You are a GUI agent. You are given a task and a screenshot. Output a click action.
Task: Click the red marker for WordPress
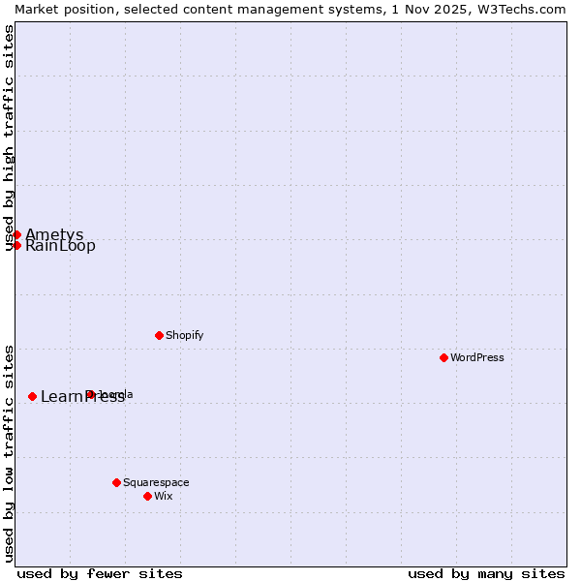(x=443, y=357)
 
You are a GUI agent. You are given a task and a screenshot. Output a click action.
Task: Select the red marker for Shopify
(x=159, y=335)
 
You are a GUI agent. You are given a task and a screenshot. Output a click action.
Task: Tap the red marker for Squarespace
(x=116, y=482)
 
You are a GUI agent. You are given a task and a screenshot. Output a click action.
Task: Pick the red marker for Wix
(x=147, y=496)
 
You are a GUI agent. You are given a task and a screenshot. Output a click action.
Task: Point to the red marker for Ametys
(x=16, y=234)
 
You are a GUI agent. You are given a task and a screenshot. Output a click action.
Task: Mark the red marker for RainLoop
(x=16, y=245)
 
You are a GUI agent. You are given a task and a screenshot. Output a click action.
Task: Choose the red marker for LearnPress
(x=32, y=396)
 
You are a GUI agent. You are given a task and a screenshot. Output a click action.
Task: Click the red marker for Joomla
(x=90, y=394)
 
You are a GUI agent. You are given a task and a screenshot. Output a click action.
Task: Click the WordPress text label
(x=477, y=357)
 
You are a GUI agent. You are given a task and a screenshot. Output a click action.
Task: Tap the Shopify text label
(x=184, y=335)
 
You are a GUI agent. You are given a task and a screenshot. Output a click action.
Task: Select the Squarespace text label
(x=156, y=482)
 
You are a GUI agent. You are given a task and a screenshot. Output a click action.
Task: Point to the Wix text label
(x=163, y=496)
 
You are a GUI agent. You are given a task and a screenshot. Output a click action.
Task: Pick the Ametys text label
(x=54, y=234)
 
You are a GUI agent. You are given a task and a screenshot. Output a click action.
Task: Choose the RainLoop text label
(x=60, y=246)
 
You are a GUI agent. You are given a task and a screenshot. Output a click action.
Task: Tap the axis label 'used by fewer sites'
(x=100, y=573)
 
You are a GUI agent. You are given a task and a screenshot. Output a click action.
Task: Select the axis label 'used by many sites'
(x=486, y=573)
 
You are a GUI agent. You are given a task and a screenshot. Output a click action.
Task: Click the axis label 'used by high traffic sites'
(x=9, y=138)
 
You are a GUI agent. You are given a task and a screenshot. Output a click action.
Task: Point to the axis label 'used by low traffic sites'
(x=9, y=453)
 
